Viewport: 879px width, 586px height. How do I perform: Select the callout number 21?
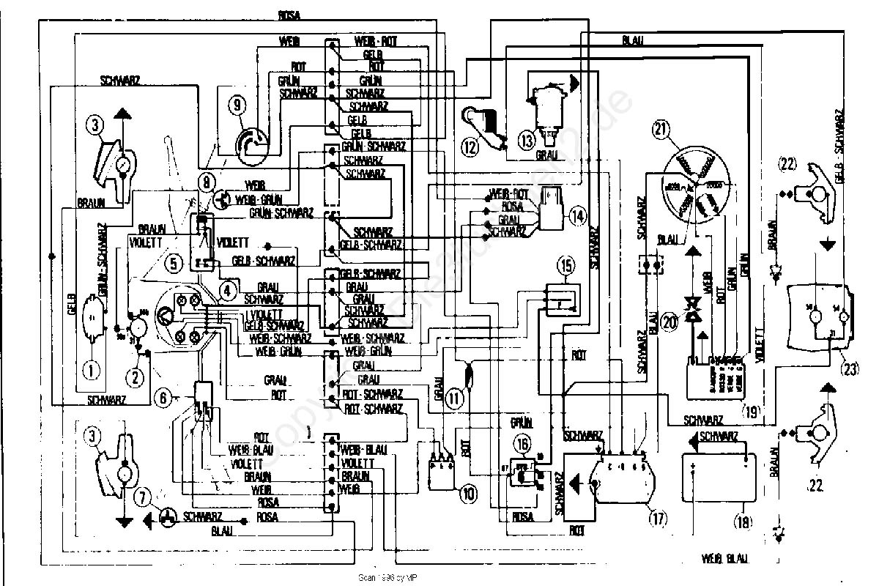(x=661, y=130)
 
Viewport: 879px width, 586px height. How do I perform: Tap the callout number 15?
(x=565, y=264)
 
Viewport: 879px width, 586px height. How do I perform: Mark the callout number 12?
(x=470, y=146)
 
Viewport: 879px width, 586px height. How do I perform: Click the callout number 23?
(x=850, y=369)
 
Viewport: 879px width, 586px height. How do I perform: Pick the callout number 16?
(x=522, y=442)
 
